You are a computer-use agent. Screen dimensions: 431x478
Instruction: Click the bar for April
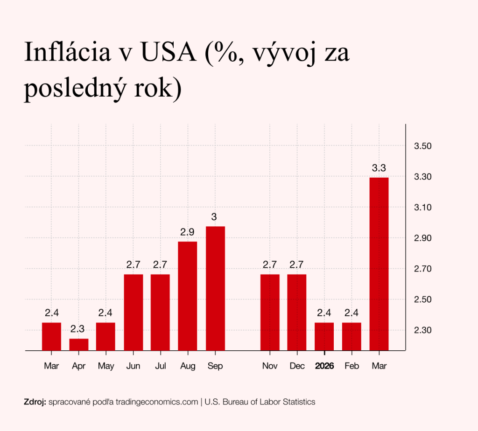[79, 344]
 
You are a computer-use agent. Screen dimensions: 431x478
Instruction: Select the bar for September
[215, 288]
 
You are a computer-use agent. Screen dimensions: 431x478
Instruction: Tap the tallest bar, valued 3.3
[379, 264]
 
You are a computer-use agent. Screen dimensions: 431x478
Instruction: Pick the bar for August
[188, 296]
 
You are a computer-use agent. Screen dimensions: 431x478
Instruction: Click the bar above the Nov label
[270, 312]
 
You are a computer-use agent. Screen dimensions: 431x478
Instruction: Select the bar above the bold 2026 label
[324, 336]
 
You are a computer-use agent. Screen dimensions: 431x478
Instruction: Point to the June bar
[134, 312]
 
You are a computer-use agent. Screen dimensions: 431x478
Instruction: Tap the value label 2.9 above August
[188, 232]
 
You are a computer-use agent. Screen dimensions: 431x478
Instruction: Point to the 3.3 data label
[379, 168]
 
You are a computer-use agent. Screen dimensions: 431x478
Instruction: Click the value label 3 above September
[214, 217]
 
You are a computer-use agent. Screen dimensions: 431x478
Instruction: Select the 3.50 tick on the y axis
[422, 146]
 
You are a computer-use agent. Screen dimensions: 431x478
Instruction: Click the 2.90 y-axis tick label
[422, 238]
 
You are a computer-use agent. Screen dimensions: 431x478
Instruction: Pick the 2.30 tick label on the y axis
[422, 330]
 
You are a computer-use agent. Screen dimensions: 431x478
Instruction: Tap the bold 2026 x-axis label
[324, 366]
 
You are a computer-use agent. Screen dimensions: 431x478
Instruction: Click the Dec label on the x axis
[297, 366]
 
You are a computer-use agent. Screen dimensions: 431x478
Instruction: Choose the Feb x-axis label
[351, 366]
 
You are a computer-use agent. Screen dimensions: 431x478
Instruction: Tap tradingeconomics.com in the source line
[156, 402]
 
